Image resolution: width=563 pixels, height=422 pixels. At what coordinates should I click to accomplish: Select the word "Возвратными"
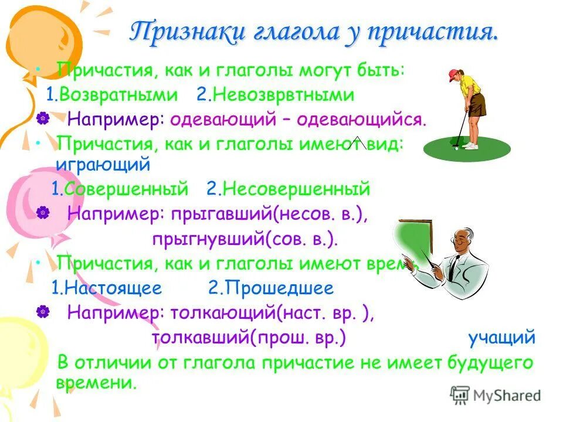pyautogui.click(x=118, y=95)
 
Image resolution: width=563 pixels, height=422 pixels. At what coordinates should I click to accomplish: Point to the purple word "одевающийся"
pyautogui.click(x=359, y=120)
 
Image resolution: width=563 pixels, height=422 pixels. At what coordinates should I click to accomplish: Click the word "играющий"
pyautogui.click(x=103, y=165)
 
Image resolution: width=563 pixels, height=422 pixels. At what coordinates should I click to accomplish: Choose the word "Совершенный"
pyautogui.click(x=126, y=189)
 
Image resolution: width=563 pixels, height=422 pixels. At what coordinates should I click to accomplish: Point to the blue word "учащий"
pyautogui.click(x=501, y=338)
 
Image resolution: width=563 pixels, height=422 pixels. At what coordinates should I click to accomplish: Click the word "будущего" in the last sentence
pyautogui.click(x=489, y=363)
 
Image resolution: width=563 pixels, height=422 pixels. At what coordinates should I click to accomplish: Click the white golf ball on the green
pyautogui.click(x=456, y=148)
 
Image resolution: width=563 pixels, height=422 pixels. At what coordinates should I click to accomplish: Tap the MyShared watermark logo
pyautogui.click(x=496, y=396)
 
